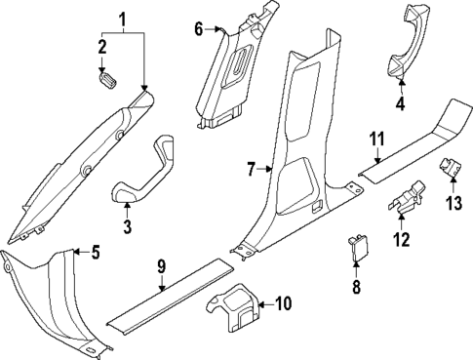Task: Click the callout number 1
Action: [122, 19]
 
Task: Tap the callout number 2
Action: [101, 47]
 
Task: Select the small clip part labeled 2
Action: [104, 77]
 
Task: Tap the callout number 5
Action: [95, 254]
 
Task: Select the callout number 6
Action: [199, 29]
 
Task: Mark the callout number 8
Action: [356, 288]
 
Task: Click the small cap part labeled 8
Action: [356, 252]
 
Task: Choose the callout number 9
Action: [163, 265]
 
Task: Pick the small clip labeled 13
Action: [452, 168]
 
